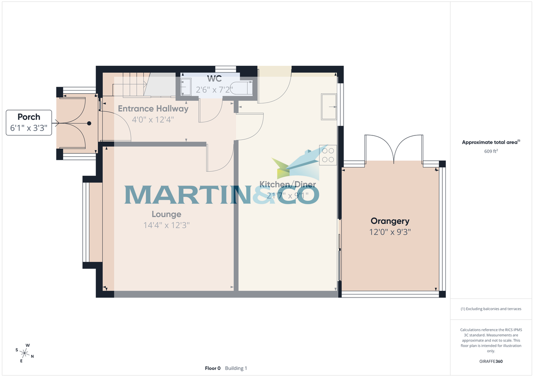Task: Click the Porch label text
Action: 28,117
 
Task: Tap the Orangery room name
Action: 390,221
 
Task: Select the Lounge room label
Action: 166,214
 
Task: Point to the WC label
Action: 214,79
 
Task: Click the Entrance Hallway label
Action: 153,108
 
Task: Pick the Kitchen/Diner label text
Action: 288,184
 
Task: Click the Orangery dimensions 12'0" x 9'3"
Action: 390,232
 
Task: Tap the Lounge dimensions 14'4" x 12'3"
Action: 166,225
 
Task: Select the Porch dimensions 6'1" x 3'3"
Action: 28,128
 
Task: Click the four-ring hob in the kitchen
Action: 328,155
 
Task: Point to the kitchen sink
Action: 329,107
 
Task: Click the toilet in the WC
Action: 244,87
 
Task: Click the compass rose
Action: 25,353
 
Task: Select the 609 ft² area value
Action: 491,151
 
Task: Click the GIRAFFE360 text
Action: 491,361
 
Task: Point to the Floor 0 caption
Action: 213,368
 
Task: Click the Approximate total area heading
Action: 491,143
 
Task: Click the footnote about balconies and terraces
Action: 491,309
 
